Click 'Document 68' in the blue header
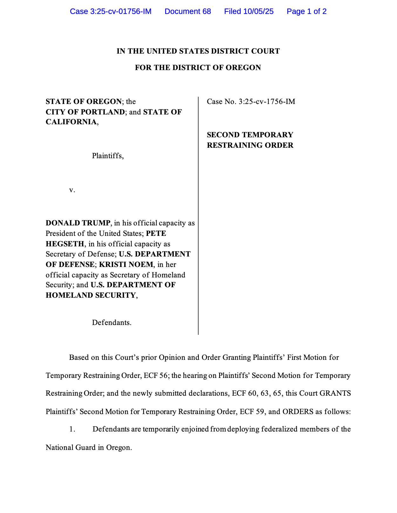click(188, 11)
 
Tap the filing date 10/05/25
click(258, 11)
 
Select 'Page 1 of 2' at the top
click(306, 11)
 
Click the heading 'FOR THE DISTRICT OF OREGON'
click(198, 68)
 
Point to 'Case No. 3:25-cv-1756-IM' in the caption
click(251, 101)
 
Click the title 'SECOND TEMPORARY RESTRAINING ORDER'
click(250, 140)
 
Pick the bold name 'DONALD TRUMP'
click(78, 223)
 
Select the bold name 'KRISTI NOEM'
click(126, 264)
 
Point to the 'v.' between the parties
click(72, 190)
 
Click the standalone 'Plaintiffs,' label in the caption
click(108, 156)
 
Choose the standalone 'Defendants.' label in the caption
click(111, 323)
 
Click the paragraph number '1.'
click(72, 429)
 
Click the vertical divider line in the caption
click(198, 216)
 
